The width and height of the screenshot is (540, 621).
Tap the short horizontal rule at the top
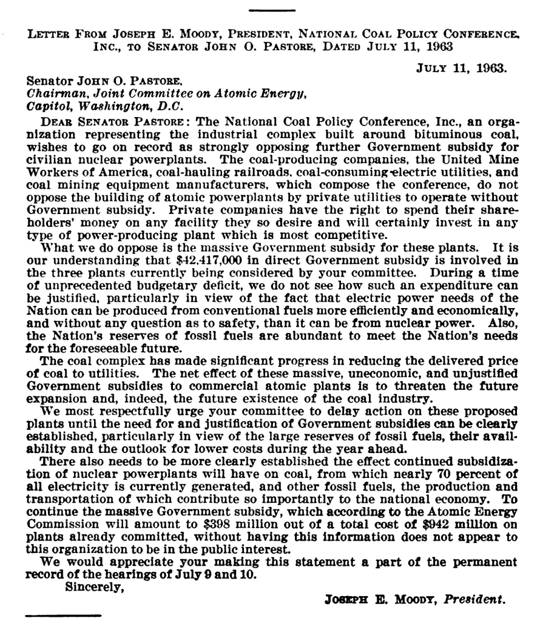pos(271,10)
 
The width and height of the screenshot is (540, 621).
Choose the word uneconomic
pos(363,374)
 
